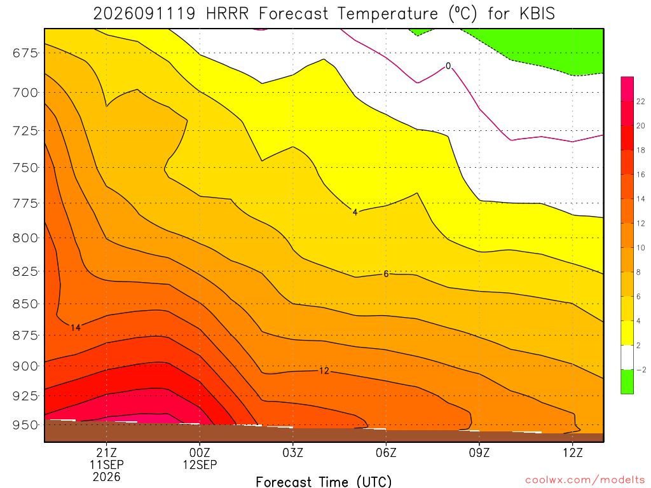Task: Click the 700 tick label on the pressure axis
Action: pyautogui.click(x=25, y=93)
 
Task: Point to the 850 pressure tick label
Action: pyautogui.click(x=25, y=304)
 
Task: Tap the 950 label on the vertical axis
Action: pyautogui.click(x=25, y=425)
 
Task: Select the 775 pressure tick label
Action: pyautogui.click(x=25, y=203)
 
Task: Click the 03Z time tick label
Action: pyautogui.click(x=292, y=452)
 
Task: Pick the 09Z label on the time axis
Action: pyautogui.click(x=479, y=452)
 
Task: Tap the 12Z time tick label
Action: pyautogui.click(x=573, y=452)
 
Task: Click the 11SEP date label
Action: pyautogui.click(x=107, y=464)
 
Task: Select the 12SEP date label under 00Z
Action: pyautogui.click(x=200, y=464)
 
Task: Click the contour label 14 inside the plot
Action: pyautogui.click(x=75, y=328)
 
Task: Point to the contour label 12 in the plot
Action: pyautogui.click(x=324, y=370)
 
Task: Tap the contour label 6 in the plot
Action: pyautogui.click(x=386, y=274)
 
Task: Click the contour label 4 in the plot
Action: pyautogui.click(x=355, y=212)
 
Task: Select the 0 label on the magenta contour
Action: pyautogui.click(x=448, y=66)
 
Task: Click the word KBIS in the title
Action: pyautogui.click(x=537, y=14)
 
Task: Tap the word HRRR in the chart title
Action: pyautogui.click(x=227, y=14)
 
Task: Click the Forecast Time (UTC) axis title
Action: pyautogui.click(x=324, y=482)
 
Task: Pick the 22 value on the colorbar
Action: pyautogui.click(x=641, y=102)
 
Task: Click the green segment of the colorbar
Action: pyautogui.click(x=627, y=381)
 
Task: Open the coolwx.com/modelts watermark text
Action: pyautogui.click(x=585, y=480)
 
